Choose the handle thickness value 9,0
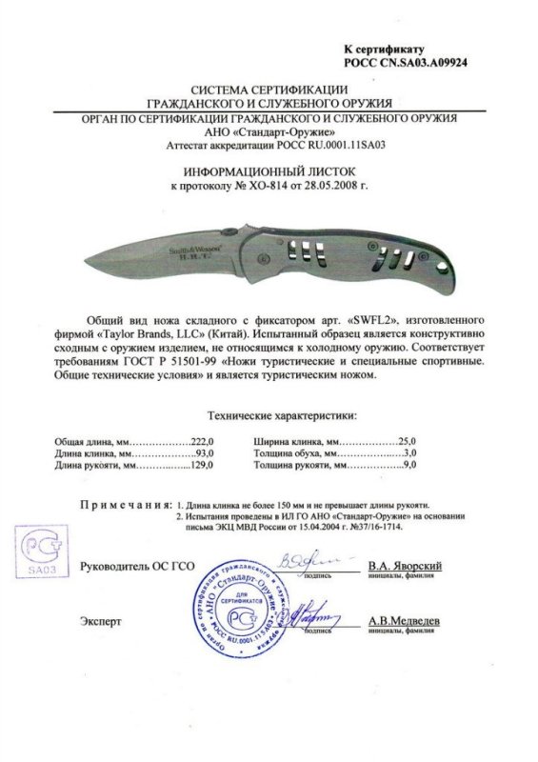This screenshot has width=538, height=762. [x=410, y=468]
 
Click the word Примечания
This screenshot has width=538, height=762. [x=124, y=503]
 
